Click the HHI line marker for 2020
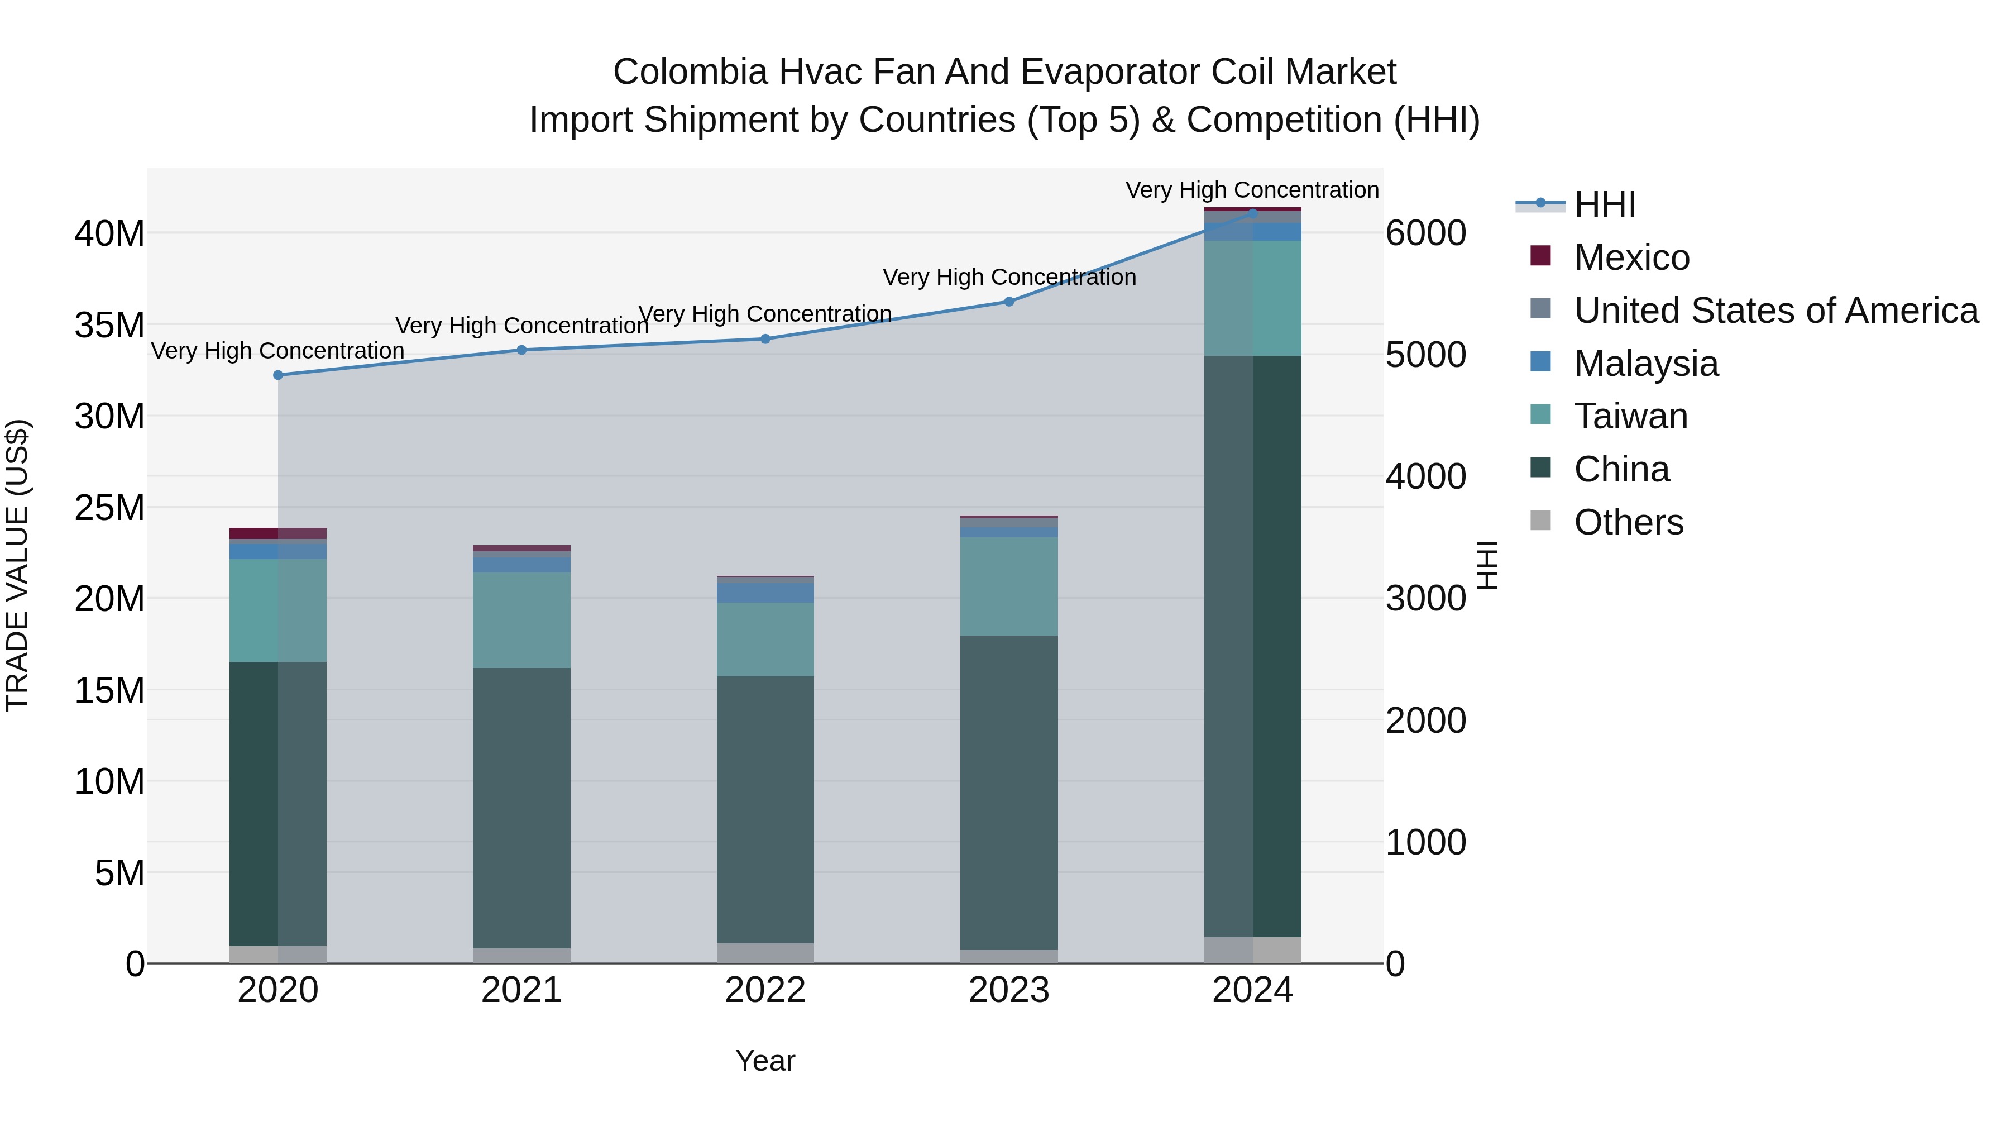(x=278, y=375)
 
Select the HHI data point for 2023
(x=1009, y=301)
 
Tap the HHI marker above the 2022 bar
(x=765, y=339)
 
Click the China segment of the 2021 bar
(x=521, y=808)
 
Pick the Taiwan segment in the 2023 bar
(x=1009, y=586)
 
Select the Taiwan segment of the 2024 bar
(x=1252, y=298)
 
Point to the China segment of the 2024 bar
(x=1252, y=646)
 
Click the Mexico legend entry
(x=1631, y=257)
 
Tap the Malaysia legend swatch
(x=1540, y=362)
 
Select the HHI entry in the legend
(x=1604, y=204)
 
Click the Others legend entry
(x=1629, y=522)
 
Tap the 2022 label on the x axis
(x=765, y=990)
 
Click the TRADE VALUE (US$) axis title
(x=17, y=565)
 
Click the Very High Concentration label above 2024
(x=1252, y=190)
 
